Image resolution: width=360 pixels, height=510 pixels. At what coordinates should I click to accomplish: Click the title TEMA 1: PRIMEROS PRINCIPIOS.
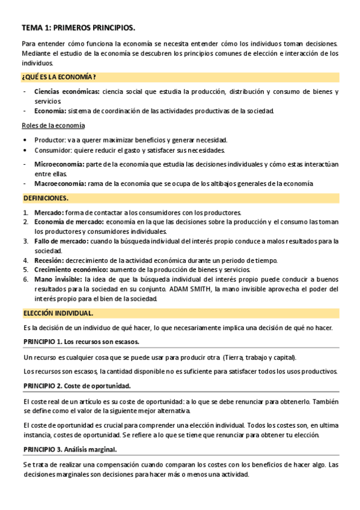click(79, 28)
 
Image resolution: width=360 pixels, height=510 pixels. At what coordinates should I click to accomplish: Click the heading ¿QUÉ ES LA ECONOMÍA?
click(59, 77)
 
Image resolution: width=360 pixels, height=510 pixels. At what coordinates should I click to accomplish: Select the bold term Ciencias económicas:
click(67, 92)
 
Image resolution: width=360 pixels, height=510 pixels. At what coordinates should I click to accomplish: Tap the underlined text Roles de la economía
click(53, 125)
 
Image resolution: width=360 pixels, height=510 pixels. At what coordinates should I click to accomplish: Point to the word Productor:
click(50, 140)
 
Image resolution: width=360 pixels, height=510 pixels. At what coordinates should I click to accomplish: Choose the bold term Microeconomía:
click(59, 164)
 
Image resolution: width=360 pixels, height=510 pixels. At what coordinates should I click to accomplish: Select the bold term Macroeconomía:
click(60, 183)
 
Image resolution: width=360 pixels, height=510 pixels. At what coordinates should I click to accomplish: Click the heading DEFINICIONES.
click(46, 198)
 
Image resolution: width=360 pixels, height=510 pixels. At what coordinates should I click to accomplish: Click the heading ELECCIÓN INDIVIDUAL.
click(58, 313)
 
